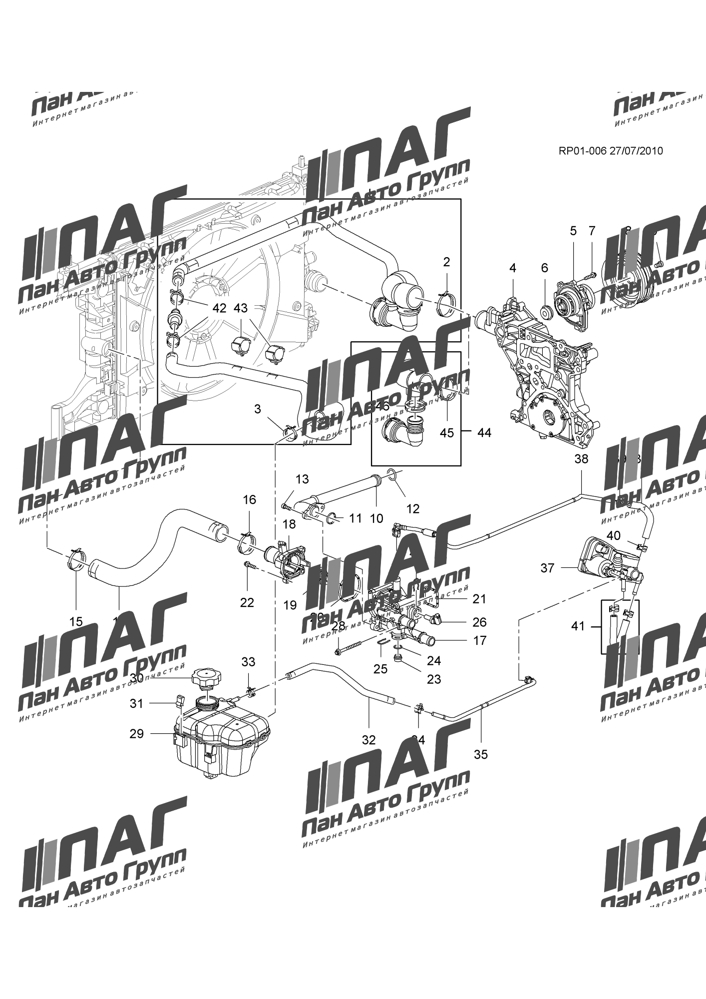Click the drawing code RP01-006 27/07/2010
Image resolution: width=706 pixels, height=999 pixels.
610,151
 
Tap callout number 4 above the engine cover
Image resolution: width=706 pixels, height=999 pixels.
512,268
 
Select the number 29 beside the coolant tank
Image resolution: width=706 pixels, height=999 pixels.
136,734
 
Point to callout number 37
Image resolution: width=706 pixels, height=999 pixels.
547,568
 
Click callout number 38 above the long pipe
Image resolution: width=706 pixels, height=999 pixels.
581,459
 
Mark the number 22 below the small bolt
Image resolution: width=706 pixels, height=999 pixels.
247,603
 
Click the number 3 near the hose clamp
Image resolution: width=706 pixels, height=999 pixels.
257,409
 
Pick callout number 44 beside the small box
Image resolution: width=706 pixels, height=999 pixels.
484,433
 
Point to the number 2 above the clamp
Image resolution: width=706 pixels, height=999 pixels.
446,261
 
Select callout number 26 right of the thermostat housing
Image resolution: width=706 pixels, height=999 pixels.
479,622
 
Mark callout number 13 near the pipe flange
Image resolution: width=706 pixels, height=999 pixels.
302,480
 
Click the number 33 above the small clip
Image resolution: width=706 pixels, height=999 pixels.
248,662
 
